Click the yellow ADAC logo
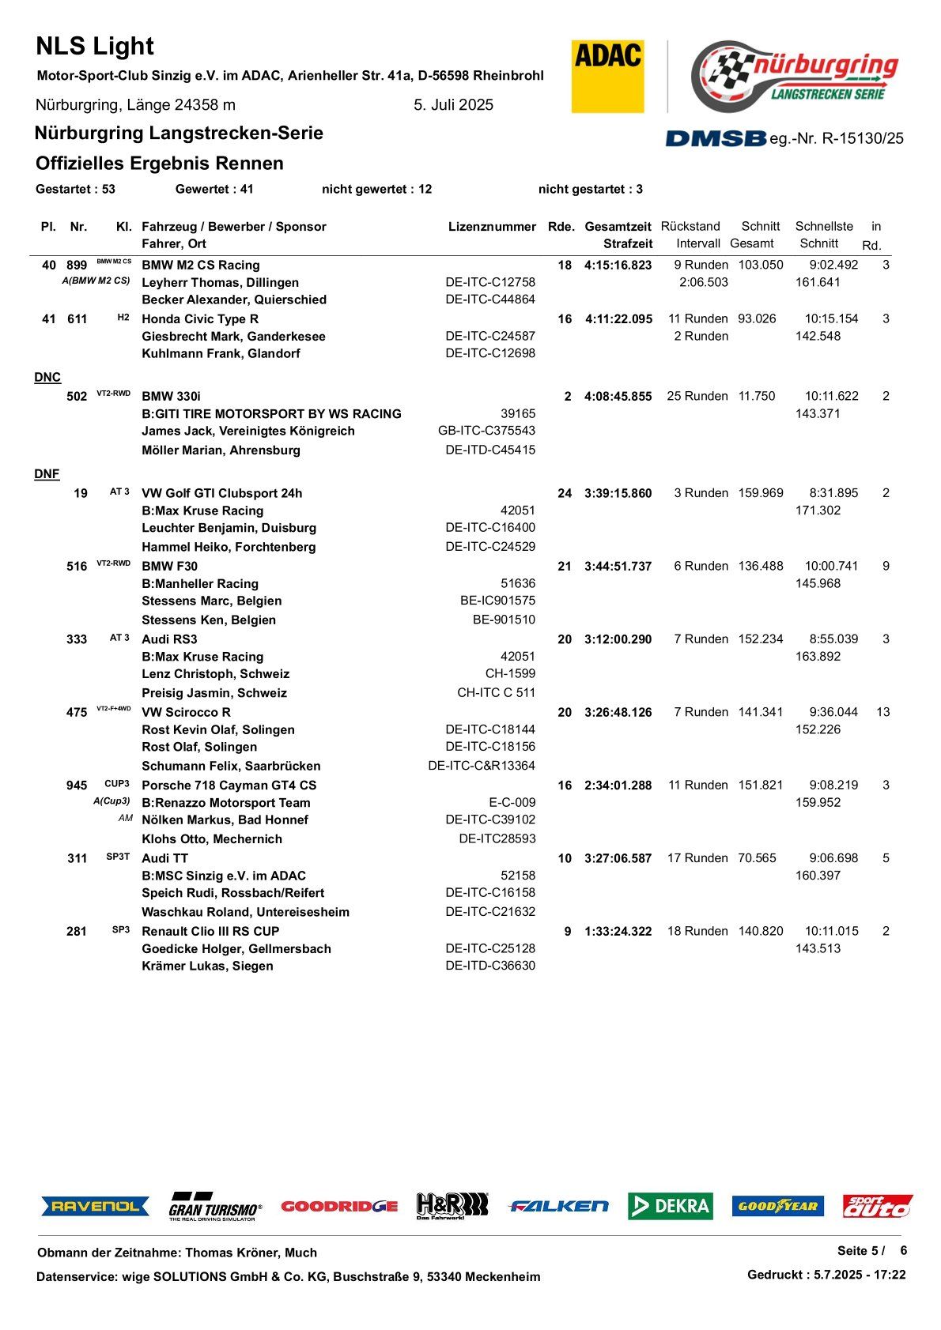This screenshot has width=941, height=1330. pyautogui.click(x=607, y=76)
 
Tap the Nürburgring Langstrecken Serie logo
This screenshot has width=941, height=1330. pyautogui.click(x=794, y=76)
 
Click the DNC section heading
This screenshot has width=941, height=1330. pyautogui.click(x=47, y=378)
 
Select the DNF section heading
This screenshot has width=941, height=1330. pyautogui.click(x=47, y=474)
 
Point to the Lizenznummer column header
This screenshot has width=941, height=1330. pyautogui.click(x=492, y=227)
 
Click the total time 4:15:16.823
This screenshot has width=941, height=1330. pyautogui.click(x=618, y=266)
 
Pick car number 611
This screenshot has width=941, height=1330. pyautogui.click(x=77, y=319)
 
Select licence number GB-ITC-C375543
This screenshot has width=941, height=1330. pyautogui.click(x=486, y=431)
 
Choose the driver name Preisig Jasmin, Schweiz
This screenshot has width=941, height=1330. pyautogui.click(x=214, y=693)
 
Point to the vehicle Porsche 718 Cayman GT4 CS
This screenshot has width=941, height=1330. pyautogui.click(x=229, y=786)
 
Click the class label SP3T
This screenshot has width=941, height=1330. pyautogui.click(x=118, y=857)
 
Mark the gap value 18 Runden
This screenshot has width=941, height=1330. pyautogui.click(x=697, y=932)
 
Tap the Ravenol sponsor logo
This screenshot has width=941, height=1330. pyautogui.click(x=96, y=1206)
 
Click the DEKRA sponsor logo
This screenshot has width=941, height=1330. pyautogui.click(x=671, y=1206)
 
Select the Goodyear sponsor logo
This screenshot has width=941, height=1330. pyautogui.click(x=777, y=1206)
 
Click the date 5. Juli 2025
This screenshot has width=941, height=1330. pyautogui.click(x=453, y=105)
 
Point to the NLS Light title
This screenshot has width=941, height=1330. pyautogui.click(x=95, y=47)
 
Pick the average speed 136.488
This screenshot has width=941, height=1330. pyautogui.click(x=761, y=567)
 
